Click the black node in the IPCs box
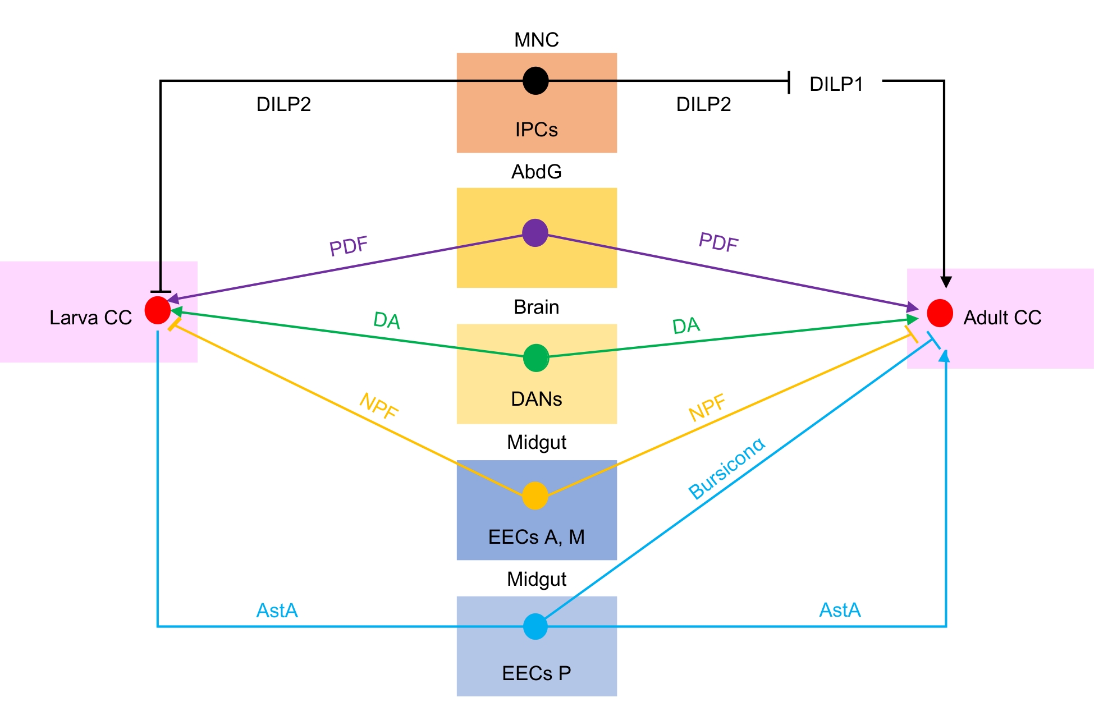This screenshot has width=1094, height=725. (x=535, y=81)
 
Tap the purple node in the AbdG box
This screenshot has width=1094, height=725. (x=535, y=233)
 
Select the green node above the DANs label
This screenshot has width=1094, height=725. (x=536, y=358)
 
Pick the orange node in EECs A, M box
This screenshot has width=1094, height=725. (x=535, y=495)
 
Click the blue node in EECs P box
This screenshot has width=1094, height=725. (x=535, y=626)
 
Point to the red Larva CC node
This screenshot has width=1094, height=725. (x=157, y=310)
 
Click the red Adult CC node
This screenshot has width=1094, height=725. (x=940, y=313)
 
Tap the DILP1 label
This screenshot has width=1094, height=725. (x=836, y=84)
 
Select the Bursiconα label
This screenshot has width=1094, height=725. (x=726, y=469)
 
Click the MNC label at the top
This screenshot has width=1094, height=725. (x=536, y=40)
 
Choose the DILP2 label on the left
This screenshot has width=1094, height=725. (x=283, y=104)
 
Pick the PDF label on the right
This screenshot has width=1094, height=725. (x=718, y=242)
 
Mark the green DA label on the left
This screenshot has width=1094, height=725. (x=387, y=320)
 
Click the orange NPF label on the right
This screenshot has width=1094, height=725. (x=707, y=407)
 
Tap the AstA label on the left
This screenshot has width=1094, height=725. (x=277, y=611)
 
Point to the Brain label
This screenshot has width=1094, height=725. (x=536, y=307)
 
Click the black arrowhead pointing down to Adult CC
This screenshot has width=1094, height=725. (x=946, y=282)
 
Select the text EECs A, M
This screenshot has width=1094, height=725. (x=536, y=537)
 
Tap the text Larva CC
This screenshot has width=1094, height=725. (x=90, y=318)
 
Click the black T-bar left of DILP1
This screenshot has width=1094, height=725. (x=789, y=82)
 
